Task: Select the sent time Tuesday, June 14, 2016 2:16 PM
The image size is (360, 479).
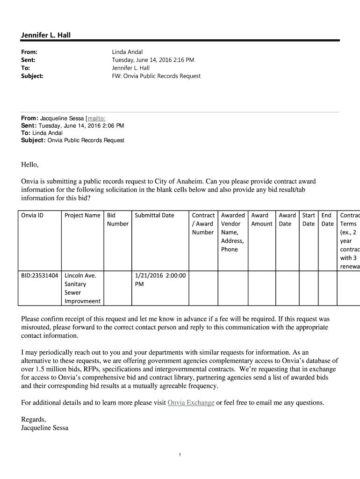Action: pos(152,60)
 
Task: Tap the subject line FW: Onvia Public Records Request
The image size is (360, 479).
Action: pos(156,76)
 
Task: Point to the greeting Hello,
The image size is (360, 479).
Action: pos(30,165)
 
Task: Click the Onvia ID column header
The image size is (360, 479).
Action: pos(32,215)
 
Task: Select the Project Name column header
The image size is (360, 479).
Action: pos(82,215)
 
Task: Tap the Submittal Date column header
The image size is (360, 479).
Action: pos(154,215)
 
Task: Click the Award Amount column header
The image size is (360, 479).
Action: pos(262,219)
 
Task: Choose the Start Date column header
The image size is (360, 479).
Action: pos(309,219)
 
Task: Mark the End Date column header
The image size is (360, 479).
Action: pos(327,219)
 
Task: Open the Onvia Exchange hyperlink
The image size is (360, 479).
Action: pos(191,403)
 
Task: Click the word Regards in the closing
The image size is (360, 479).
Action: pos(33,419)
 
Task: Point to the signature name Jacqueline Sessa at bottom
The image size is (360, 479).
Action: pos(45,428)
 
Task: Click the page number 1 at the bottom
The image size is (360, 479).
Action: pos(180,455)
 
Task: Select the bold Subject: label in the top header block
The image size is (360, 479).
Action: pos(32,76)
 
